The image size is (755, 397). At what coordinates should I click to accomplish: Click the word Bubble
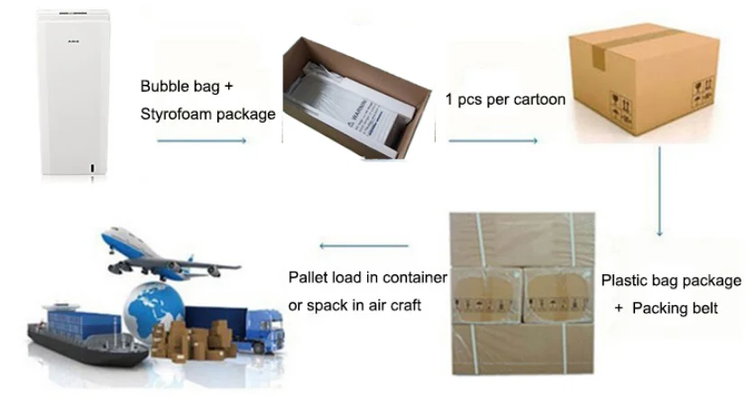pyautogui.click(x=165, y=87)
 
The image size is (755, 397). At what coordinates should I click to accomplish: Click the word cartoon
pyautogui.click(x=538, y=99)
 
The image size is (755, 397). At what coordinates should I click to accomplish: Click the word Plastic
pyautogui.click(x=626, y=281)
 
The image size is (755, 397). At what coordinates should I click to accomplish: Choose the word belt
pyautogui.click(x=701, y=309)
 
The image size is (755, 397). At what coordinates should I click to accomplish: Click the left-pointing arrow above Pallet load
pyautogui.click(x=364, y=245)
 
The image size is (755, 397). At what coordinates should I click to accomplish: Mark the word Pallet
pyautogui.click(x=308, y=277)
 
